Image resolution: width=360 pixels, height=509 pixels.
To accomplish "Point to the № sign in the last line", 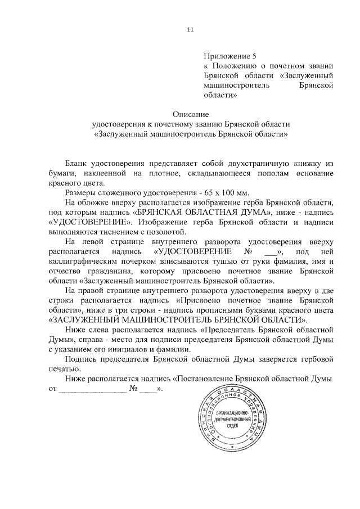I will pyautogui.click(x=134, y=389).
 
